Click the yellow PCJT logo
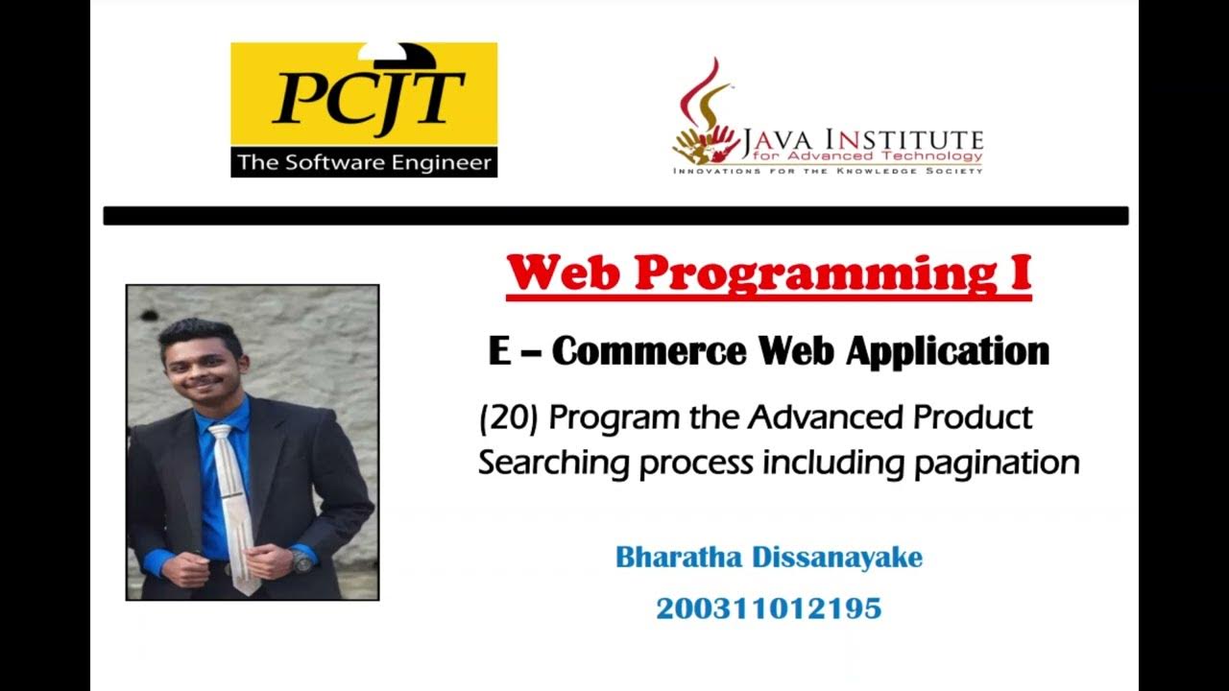[364, 96]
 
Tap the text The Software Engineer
[364, 162]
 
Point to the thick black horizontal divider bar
[615, 216]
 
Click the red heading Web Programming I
[768, 274]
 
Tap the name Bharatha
[679, 558]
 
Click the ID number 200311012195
[768, 608]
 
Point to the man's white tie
[230, 499]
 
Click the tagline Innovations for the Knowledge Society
[828, 171]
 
